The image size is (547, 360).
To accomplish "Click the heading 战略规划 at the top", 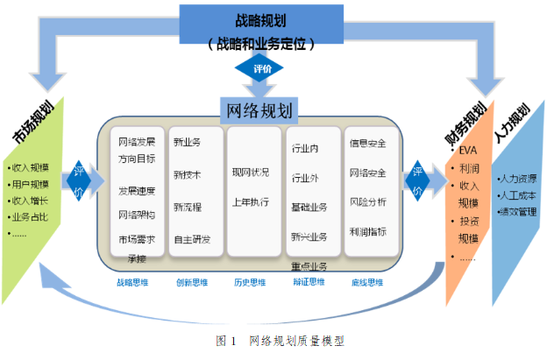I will [x=259, y=18].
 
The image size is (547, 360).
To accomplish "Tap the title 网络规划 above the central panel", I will [x=260, y=108].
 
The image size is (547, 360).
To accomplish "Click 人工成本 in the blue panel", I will [x=516, y=194].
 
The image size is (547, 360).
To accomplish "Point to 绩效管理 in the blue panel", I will [x=516, y=211].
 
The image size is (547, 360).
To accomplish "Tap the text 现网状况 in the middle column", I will [x=251, y=171].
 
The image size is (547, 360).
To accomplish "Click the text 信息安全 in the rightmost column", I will [x=367, y=142].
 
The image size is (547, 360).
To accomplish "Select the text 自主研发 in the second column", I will [x=192, y=239].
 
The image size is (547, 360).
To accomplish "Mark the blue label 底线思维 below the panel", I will [x=366, y=282].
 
